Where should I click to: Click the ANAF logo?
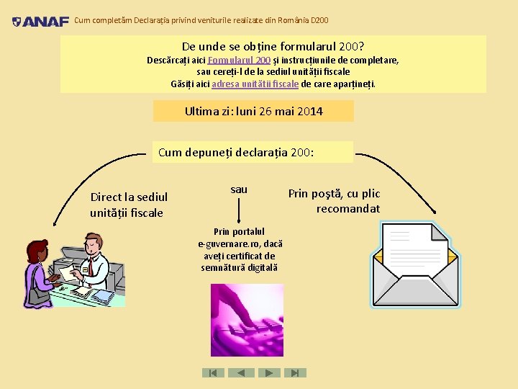point(40,22)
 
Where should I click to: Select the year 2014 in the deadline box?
point(310,111)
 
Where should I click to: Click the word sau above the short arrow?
point(239,189)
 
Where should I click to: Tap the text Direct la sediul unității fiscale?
point(129,205)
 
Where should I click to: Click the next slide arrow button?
point(269,372)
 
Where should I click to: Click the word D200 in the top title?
point(319,20)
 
